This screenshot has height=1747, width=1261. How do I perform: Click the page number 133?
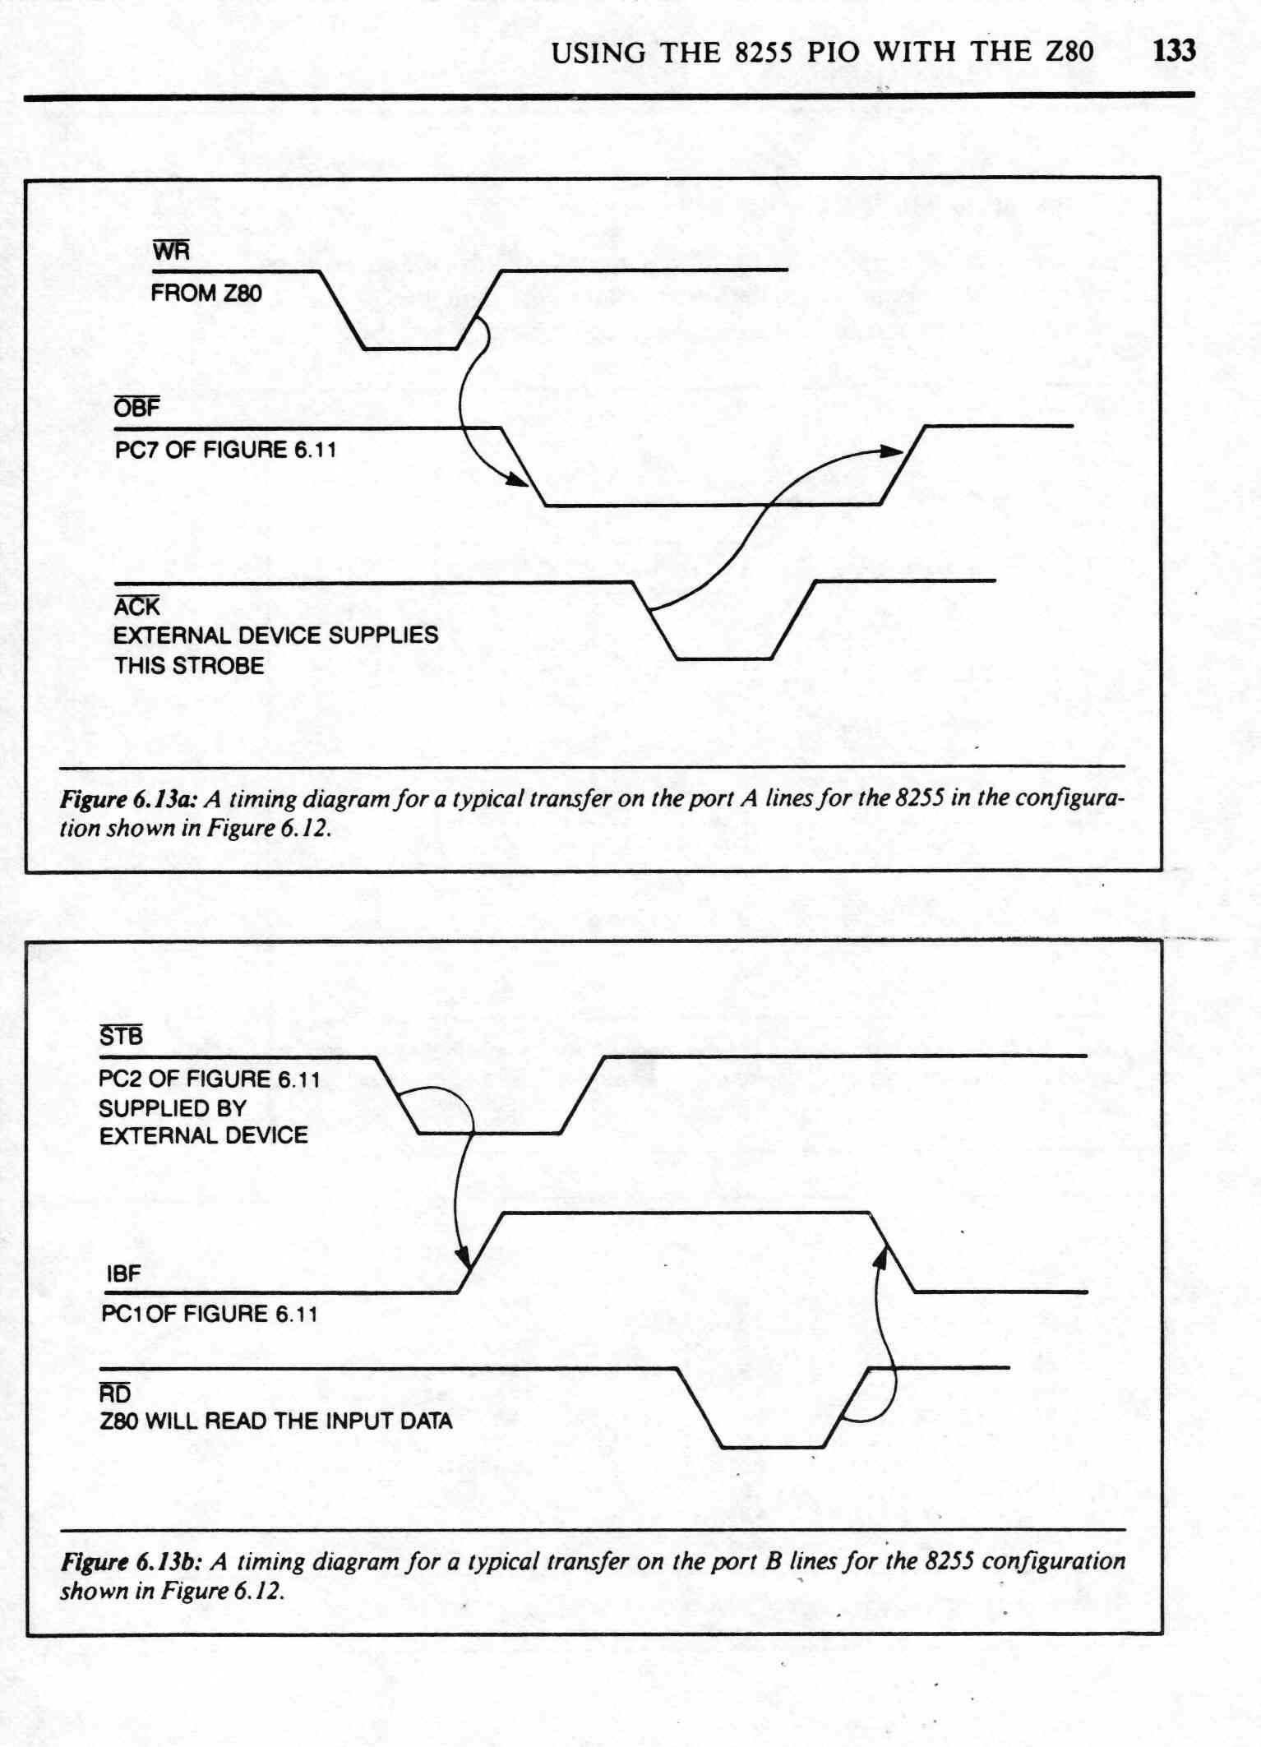pos(1174,51)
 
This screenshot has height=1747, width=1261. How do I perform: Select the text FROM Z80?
pos(206,293)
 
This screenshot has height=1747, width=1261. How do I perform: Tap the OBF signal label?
pos(137,407)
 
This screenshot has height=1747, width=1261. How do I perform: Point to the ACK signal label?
pos(136,606)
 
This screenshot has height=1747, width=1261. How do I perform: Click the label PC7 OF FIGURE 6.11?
pos(225,450)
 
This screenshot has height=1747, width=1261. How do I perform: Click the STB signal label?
pos(121,1036)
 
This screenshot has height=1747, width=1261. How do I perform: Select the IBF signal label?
pos(123,1273)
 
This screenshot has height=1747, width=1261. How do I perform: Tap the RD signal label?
pos(115,1393)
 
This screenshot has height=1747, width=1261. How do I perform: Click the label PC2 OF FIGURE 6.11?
pos(209,1079)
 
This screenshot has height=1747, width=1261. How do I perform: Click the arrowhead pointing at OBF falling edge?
pos(517,479)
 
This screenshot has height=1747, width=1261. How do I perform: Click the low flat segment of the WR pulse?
pos(411,349)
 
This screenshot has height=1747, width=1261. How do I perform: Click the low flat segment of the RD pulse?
pos(773,1447)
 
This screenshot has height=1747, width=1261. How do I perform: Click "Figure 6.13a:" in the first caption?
pos(128,799)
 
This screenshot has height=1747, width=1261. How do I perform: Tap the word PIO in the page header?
pos(834,52)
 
